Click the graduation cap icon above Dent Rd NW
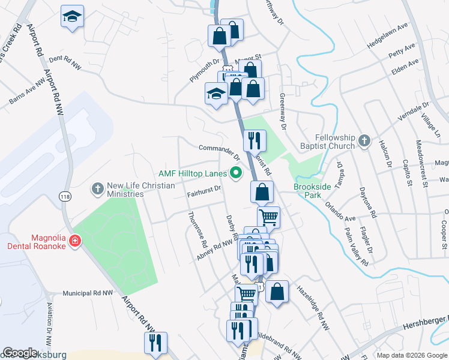coord(72,17)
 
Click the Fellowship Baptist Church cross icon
coord(363,142)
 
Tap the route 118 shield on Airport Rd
coord(64,196)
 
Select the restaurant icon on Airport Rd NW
coord(155,343)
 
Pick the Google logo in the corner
coord(20,353)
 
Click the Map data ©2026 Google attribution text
coord(412,355)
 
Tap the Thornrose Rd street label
coord(197,230)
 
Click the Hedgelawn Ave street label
coord(391,38)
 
